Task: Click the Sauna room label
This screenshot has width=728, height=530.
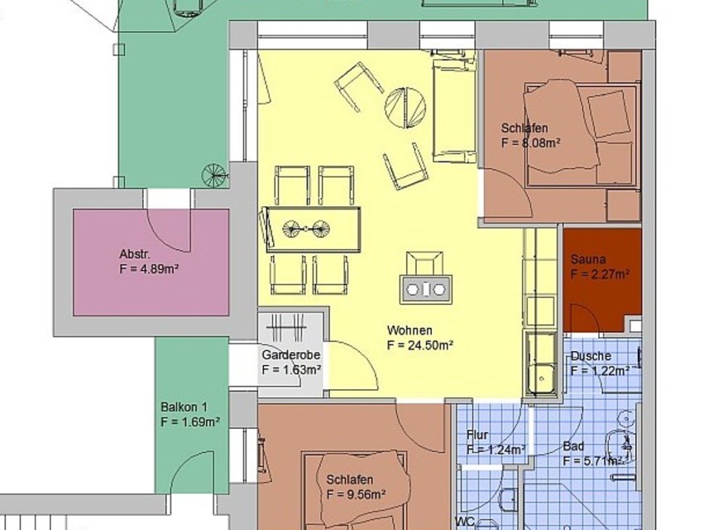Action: click(x=588, y=259)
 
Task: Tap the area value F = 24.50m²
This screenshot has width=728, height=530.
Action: click(x=419, y=345)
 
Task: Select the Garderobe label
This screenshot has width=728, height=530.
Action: click(x=291, y=354)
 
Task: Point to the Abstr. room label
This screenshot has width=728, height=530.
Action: click(x=135, y=254)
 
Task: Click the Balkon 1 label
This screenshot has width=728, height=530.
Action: click(x=184, y=407)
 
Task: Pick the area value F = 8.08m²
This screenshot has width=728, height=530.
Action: click(x=530, y=142)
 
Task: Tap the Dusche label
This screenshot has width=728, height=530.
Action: click(x=591, y=356)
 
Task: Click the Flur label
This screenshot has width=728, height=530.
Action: click(x=477, y=435)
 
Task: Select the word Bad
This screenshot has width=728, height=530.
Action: click(x=573, y=446)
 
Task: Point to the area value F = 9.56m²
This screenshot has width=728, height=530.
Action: click(x=356, y=494)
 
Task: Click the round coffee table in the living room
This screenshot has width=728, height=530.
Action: click(x=405, y=107)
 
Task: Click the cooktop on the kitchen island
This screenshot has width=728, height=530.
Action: click(x=426, y=290)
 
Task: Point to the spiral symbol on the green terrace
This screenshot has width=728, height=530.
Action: click(x=214, y=176)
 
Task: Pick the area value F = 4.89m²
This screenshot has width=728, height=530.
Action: click(x=149, y=269)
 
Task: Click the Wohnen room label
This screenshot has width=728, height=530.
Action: click(x=409, y=330)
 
